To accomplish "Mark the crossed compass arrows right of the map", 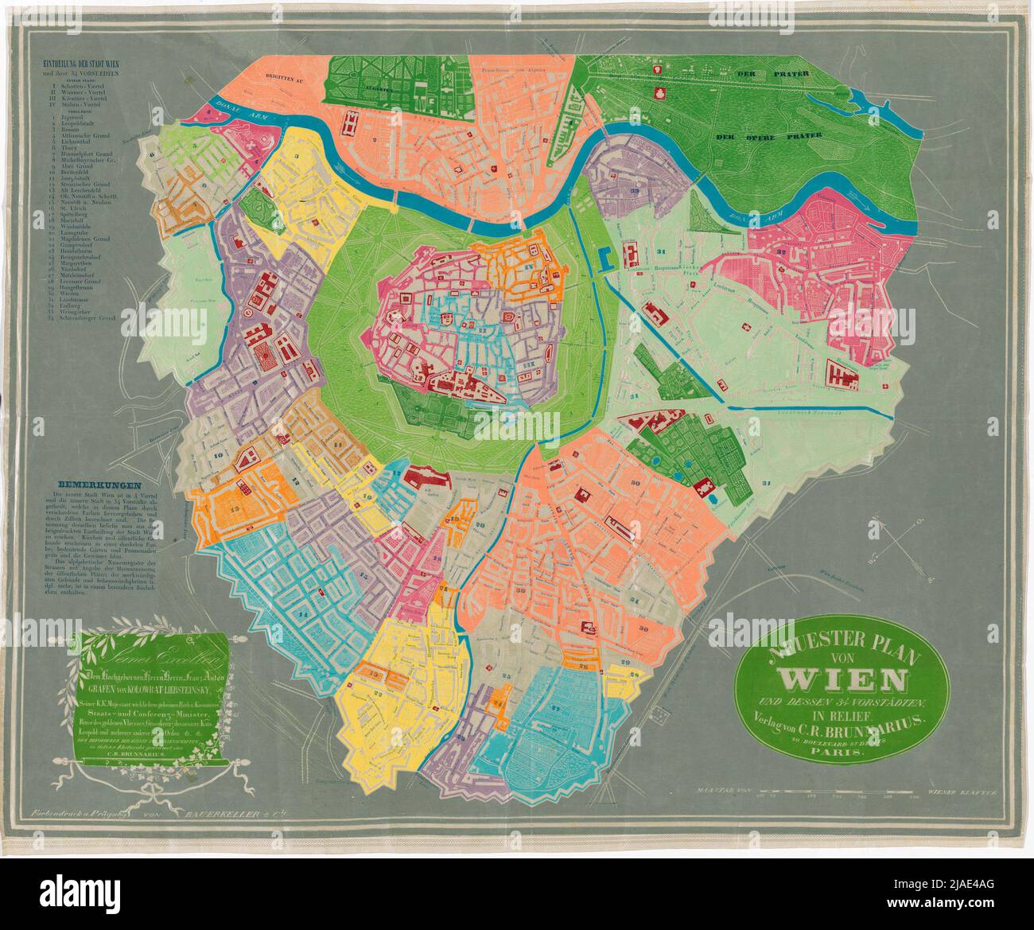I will [895, 540].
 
